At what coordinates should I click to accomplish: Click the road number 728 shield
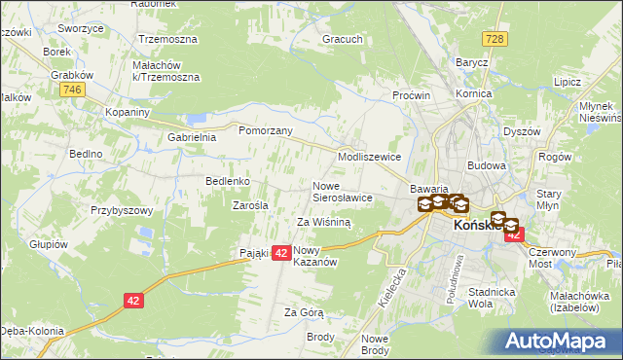tap(496, 37)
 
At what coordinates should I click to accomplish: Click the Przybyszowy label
tap(124, 209)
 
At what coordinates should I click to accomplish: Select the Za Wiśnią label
tap(323, 222)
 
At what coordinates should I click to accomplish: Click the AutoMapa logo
tap(561, 341)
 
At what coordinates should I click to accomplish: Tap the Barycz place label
tap(471, 62)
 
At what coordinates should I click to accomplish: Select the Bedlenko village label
tap(229, 181)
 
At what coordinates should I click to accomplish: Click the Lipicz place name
tap(567, 84)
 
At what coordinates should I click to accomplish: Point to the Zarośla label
tap(250, 205)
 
